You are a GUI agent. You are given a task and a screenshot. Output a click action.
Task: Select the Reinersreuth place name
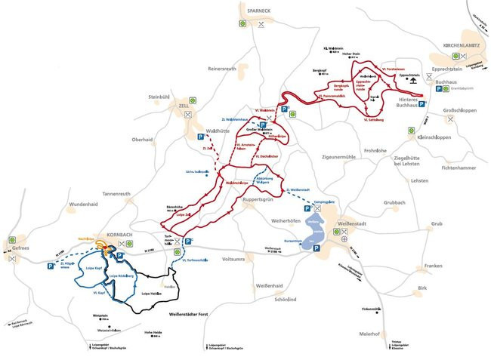[222, 68]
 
